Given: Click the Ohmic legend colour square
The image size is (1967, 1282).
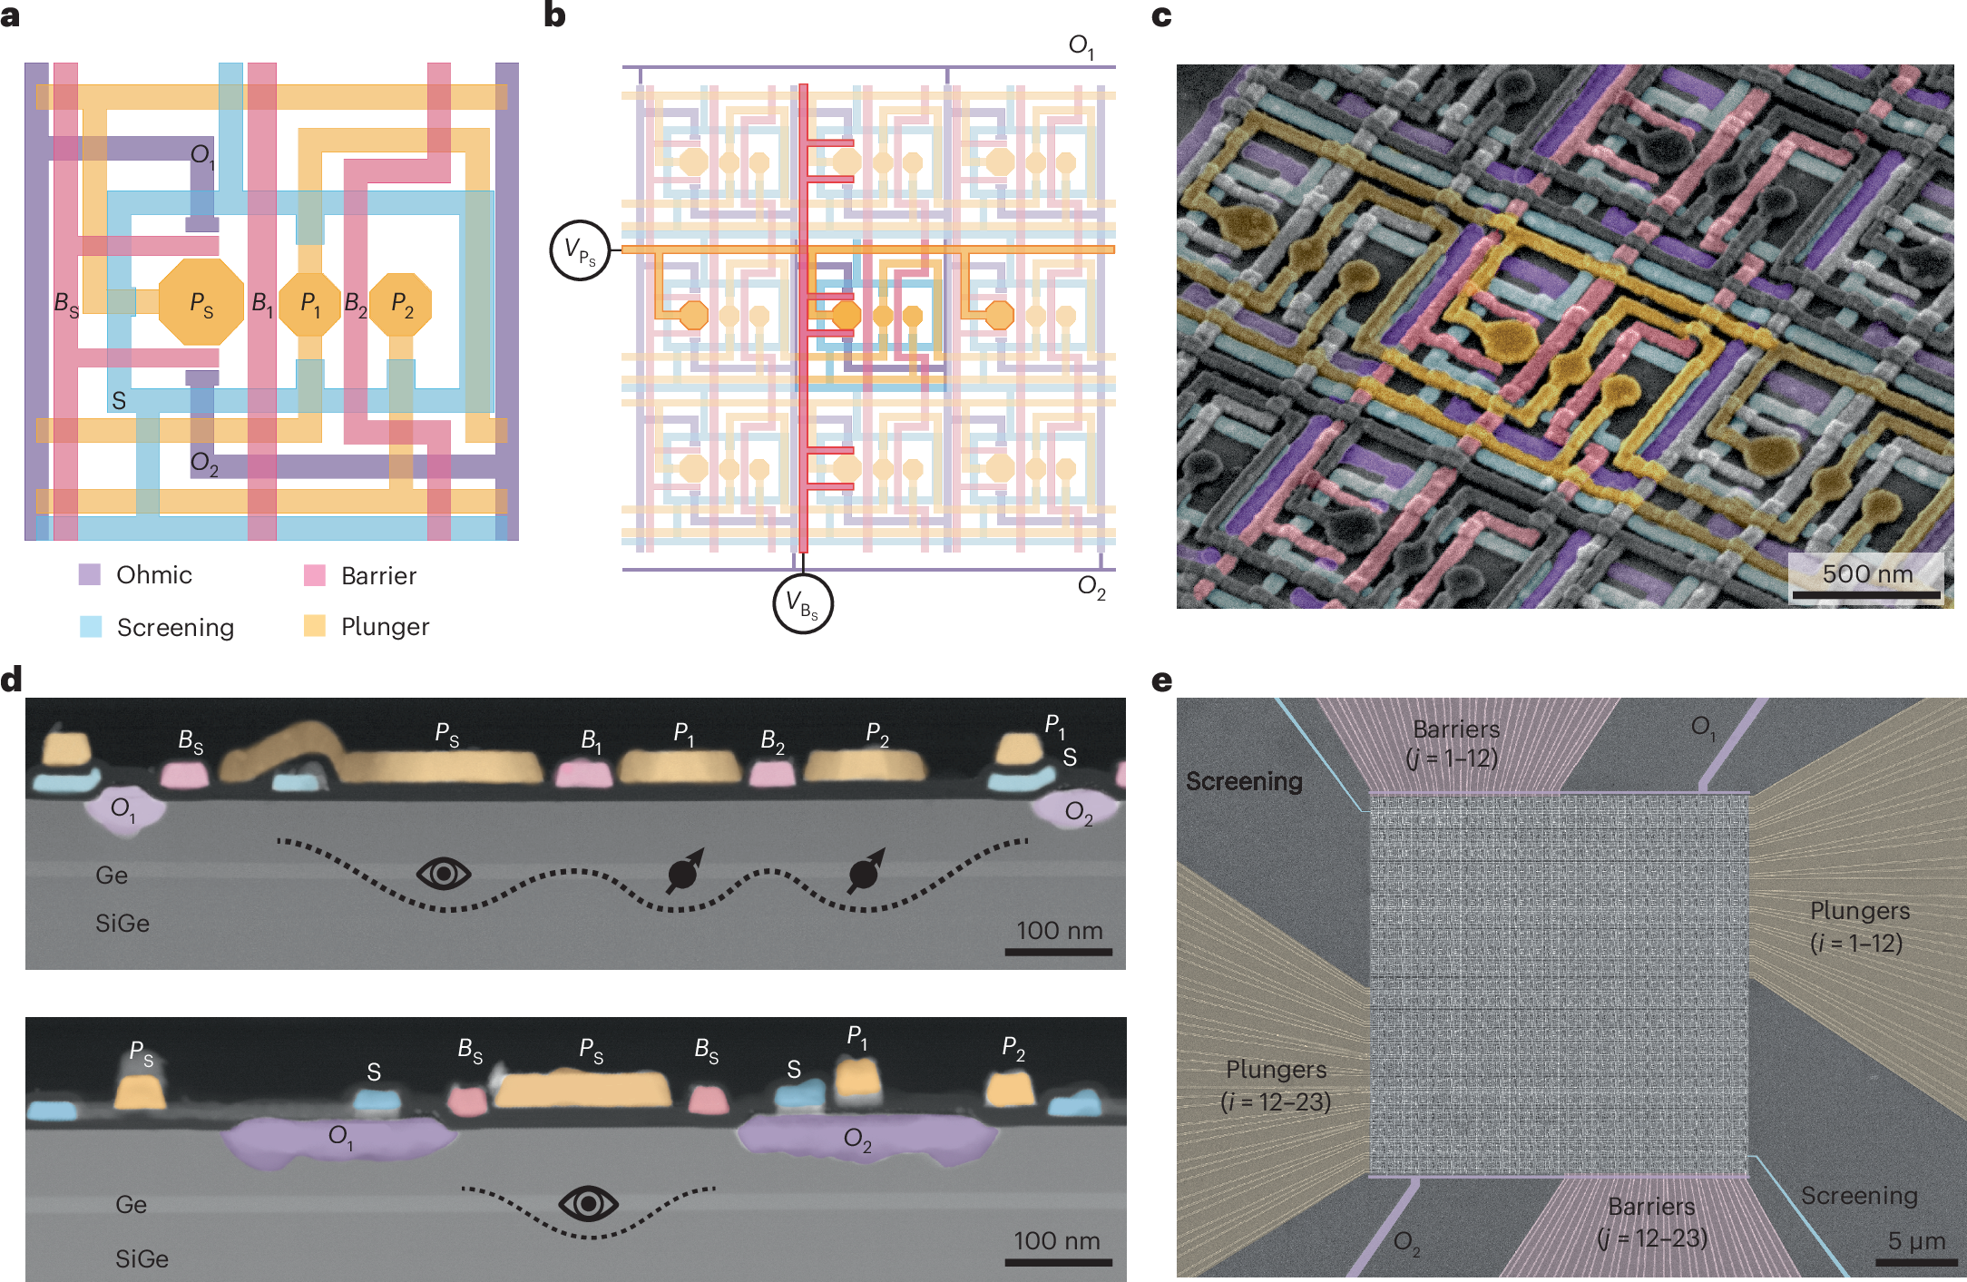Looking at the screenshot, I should click(x=90, y=574).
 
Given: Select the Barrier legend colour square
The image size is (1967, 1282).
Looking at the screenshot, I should click(x=314, y=575).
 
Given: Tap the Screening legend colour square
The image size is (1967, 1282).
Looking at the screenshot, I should click(x=91, y=627).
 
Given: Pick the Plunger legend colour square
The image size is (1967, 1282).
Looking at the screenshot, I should click(x=314, y=626).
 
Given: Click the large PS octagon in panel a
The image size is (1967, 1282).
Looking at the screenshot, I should click(x=201, y=302).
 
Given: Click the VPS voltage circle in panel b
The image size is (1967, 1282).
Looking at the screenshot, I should click(x=580, y=250).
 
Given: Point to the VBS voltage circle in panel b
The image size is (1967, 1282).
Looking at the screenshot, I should click(x=802, y=603).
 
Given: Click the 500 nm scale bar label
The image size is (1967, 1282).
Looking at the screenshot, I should click(x=1867, y=574).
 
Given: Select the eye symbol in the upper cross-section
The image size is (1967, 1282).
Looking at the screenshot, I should click(x=444, y=874).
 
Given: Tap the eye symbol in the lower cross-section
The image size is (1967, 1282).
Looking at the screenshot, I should click(x=589, y=1204).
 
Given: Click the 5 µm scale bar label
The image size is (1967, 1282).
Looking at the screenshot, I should click(x=1916, y=1240).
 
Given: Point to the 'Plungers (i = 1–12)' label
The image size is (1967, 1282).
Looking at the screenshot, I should click(x=1859, y=926).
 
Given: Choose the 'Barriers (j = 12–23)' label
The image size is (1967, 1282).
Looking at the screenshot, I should click(x=1651, y=1222).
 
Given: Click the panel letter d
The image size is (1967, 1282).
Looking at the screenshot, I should click(x=12, y=680).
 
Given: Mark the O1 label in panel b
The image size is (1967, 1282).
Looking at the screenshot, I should click(x=1081, y=46).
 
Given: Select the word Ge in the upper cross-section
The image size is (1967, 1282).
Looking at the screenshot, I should click(x=112, y=876).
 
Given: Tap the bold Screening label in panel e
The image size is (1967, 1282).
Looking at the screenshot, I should click(x=1244, y=781).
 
